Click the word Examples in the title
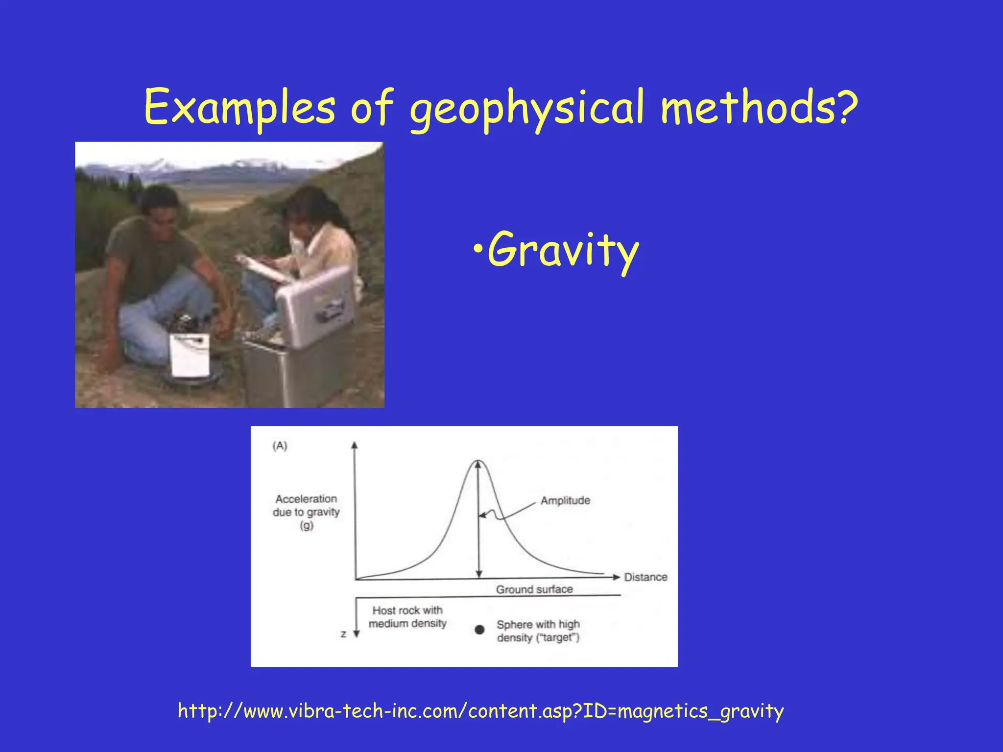click(239, 107)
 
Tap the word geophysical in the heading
click(526, 108)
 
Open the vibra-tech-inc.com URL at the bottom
click(480, 710)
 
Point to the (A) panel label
click(280, 446)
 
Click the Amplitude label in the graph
click(565, 500)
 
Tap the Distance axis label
click(645, 577)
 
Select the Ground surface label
click(534, 589)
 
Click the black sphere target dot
click(479, 630)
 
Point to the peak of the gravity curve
click(478, 461)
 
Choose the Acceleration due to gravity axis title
click(306, 512)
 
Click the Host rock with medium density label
click(407, 617)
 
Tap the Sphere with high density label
click(538, 631)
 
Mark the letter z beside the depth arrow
click(343, 634)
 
